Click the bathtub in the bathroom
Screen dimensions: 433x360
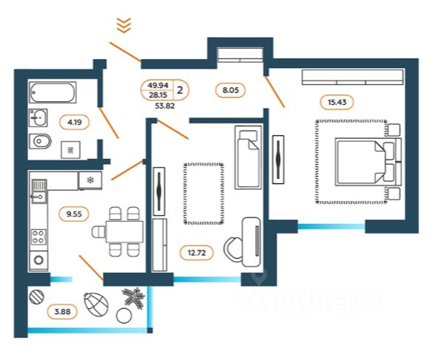tap(52, 92)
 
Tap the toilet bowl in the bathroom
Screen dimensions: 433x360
tap(40, 141)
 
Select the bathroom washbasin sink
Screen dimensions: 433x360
tap(38, 118)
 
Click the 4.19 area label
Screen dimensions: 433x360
tap(75, 122)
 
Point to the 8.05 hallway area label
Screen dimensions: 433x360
tap(231, 90)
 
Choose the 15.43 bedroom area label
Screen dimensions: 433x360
tap(337, 102)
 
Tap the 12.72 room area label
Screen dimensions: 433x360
tap(197, 253)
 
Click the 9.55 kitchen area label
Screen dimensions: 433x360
tap(74, 214)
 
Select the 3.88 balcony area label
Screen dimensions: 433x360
tap(62, 312)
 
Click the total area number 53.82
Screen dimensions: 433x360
tap(165, 106)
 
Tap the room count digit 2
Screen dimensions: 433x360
tap(180, 90)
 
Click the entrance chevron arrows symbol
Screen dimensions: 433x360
tap(123, 25)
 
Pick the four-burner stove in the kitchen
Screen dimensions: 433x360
tap(38, 237)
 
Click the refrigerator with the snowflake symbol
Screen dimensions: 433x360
tap(90, 180)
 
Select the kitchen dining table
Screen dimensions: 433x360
tap(125, 231)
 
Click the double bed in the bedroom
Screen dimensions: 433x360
tap(368, 162)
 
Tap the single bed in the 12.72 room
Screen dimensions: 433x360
tap(248, 157)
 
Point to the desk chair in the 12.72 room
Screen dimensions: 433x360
tap(233, 248)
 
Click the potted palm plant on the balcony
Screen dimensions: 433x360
tap(134, 298)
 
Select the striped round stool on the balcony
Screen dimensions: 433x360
tap(37, 297)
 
